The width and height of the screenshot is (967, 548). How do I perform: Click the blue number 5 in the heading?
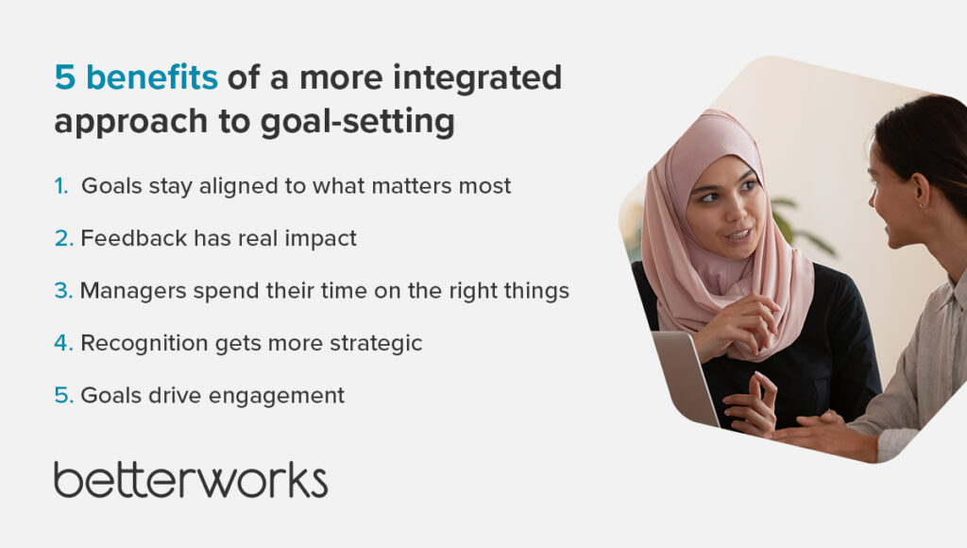pyautogui.click(x=65, y=77)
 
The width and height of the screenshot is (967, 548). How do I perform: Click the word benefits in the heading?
pyautogui.click(x=152, y=77)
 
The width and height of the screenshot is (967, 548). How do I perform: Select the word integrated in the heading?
pyautogui.click(x=477, y=79)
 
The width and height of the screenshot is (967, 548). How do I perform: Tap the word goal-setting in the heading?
pyautogui.click(x=358, y=122)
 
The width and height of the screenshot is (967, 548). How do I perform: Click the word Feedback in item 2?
pyautogui.click(x=134, y=238)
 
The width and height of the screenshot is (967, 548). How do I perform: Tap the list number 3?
pyautogui.click(x=63, y=291)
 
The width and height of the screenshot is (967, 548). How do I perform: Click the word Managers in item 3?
pyautogui.click(x=133, y=291)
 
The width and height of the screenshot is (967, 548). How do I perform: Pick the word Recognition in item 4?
pyautogui.click(x=144, y=344)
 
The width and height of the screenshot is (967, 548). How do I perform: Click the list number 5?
pyautogui.click(x=63, y=396)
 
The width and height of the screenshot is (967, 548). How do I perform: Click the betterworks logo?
pyautogui.click(x=191, y=480)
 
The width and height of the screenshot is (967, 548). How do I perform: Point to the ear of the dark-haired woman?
pyautogui.click(x=920, y=190)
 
